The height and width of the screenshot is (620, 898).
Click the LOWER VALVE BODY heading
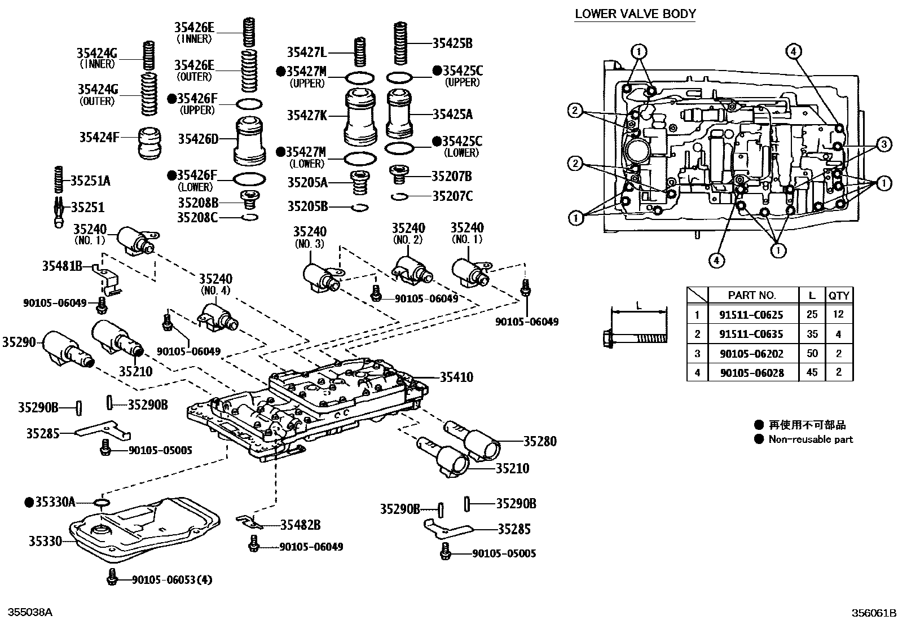(635, 14)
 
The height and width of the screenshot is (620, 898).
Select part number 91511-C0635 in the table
(751, 334)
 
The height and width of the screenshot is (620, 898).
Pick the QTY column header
(838, 295)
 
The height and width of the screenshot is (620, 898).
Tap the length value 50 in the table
(812, 353)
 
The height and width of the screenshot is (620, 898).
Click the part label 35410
(456, 377)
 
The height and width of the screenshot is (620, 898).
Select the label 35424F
(99, 137)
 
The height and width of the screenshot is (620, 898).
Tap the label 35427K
(307, 115)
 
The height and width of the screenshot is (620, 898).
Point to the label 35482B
(300, 525)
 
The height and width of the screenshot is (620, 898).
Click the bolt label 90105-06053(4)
(172, 579)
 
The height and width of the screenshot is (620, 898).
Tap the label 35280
(540, 441)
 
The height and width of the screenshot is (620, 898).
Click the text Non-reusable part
(810, 439)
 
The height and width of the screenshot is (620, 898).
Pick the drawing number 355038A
(30, 613)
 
